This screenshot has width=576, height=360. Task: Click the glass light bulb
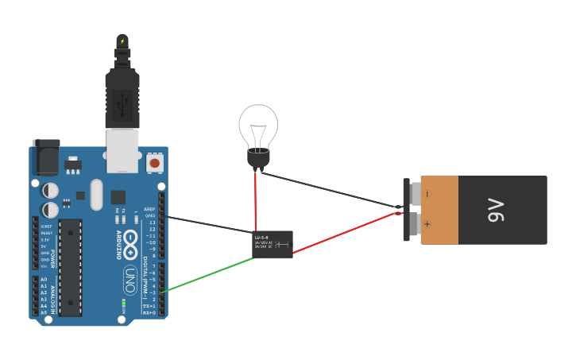[x=258, y=127]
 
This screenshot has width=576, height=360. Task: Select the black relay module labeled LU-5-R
[x=273, y=244]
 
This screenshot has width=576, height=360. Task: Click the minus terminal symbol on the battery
[x=427, y=194]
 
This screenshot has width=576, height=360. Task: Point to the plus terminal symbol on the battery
[x=427, y=224]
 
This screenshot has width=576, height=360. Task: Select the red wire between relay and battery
[x=346, y=232]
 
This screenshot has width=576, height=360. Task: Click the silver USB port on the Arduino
[x=122, y=150]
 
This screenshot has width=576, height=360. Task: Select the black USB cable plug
[x=122, y=99]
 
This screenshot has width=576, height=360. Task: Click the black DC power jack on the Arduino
[x=45, y=157]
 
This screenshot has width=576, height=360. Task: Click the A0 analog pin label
[x=44, y=280]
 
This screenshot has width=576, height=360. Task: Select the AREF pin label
[x=149, y=209]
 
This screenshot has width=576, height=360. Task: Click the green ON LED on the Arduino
[x=123, y=301]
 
